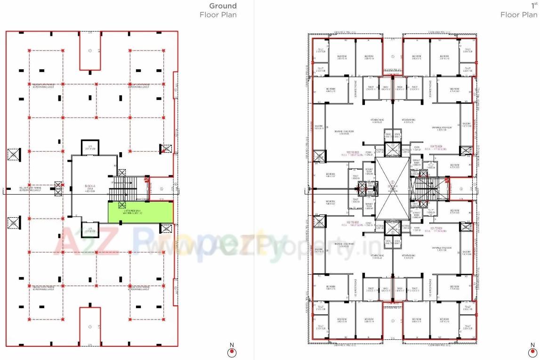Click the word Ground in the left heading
223,6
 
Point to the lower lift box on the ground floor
89,229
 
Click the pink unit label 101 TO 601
435,229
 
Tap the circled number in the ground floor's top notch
89,50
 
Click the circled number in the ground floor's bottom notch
89,326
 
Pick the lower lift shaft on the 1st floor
392,229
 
